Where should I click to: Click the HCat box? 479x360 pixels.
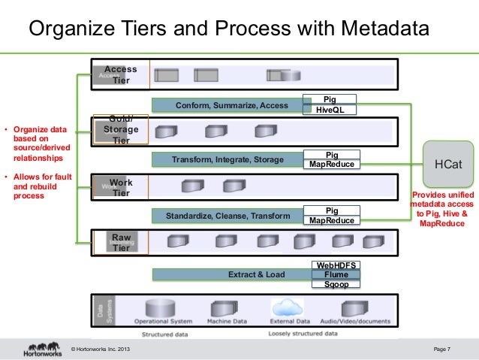click(x=448, y=164)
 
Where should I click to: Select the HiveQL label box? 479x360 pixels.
click(x=330, y=110)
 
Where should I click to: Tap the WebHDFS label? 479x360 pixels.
click(x=336, y=265)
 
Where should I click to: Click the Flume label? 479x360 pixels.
click(x=336, y=275)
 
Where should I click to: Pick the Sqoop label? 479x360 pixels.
click(x=336, y=285)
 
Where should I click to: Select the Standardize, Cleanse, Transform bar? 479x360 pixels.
click(x=227, y=216)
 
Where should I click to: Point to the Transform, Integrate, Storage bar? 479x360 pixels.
click(x=227, y=159)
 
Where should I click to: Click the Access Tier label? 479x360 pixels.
click(x=120, y=74)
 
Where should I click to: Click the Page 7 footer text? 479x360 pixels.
click(x=442, y=349)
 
